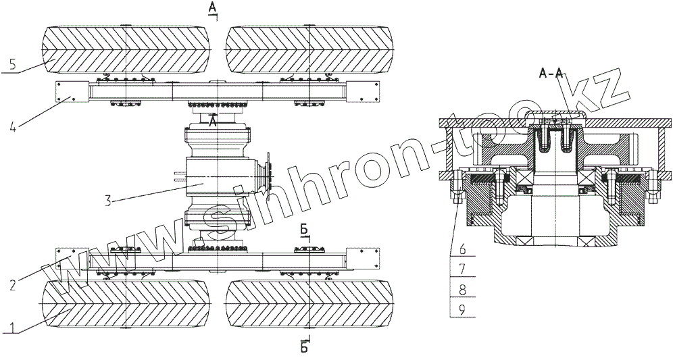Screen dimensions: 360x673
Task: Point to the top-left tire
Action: [x=127, y=51]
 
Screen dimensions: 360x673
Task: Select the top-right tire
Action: [x=309, y=51]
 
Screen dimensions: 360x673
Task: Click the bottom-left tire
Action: [x=127, y=304]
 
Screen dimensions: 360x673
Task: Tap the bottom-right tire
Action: [x=309, y=304]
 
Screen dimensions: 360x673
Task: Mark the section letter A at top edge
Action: [x=211, y=7]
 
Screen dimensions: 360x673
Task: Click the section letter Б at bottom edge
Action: [x=305, y=348]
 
